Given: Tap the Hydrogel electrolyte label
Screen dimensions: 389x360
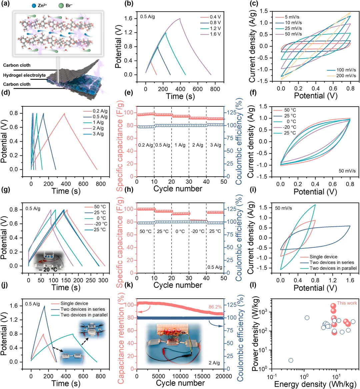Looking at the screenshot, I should [24, 75].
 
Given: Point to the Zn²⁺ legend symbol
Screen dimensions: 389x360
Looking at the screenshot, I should [34, 5].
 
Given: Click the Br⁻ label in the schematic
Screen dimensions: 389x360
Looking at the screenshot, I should [69, 5].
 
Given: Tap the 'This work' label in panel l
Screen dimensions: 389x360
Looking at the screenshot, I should [347, 303].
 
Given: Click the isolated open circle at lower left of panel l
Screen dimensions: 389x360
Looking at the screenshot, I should [291, 360].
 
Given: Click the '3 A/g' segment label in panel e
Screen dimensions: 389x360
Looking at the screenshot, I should [215, 145].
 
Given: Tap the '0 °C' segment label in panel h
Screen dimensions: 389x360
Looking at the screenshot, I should [180, 231].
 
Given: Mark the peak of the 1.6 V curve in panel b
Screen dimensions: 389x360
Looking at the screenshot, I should [180, 19].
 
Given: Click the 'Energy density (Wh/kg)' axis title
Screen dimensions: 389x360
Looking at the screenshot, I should [309, 384].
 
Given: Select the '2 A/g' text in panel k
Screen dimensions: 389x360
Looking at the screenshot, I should [214, 363].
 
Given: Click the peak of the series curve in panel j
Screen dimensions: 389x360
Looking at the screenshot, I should [44, 306].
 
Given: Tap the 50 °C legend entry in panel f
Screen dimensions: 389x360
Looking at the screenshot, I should [290, 110].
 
